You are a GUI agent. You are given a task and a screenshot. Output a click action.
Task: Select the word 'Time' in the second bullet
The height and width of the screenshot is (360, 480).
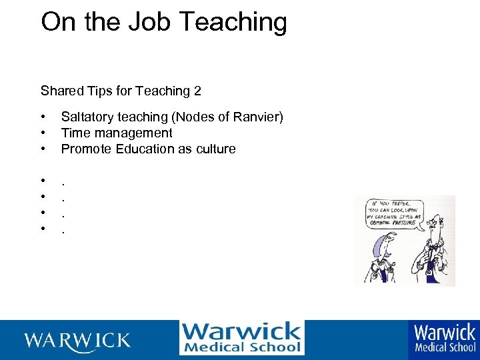(x=75, y=133)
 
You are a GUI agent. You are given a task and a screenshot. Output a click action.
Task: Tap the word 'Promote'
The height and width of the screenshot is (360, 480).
(x=86, y=149)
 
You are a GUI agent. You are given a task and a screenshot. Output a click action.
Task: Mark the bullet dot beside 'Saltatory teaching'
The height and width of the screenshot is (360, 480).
(x=43, y=117)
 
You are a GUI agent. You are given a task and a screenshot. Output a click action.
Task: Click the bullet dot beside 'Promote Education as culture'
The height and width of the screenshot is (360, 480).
(x=43, y=149)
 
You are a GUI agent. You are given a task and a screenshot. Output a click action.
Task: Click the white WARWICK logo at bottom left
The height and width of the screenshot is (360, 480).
(x=78, y=341)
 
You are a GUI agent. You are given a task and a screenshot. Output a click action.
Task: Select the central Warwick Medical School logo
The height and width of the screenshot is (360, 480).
(x=241, y=338)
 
